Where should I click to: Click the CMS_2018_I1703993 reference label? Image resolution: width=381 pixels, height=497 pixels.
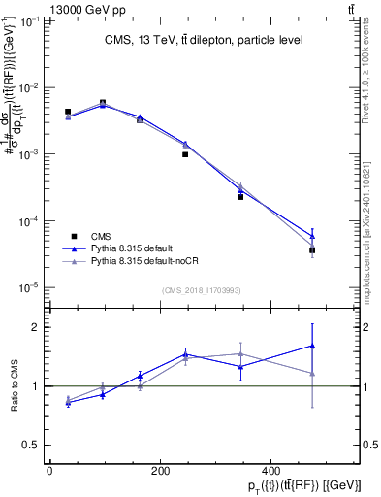201,289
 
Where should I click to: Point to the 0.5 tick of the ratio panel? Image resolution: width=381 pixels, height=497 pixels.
36,445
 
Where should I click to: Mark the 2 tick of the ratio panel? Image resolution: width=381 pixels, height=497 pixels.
40,327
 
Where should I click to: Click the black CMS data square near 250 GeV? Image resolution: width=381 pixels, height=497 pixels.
185,154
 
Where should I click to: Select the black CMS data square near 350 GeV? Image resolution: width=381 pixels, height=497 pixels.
240,197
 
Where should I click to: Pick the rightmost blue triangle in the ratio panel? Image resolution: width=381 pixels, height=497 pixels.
312,346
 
